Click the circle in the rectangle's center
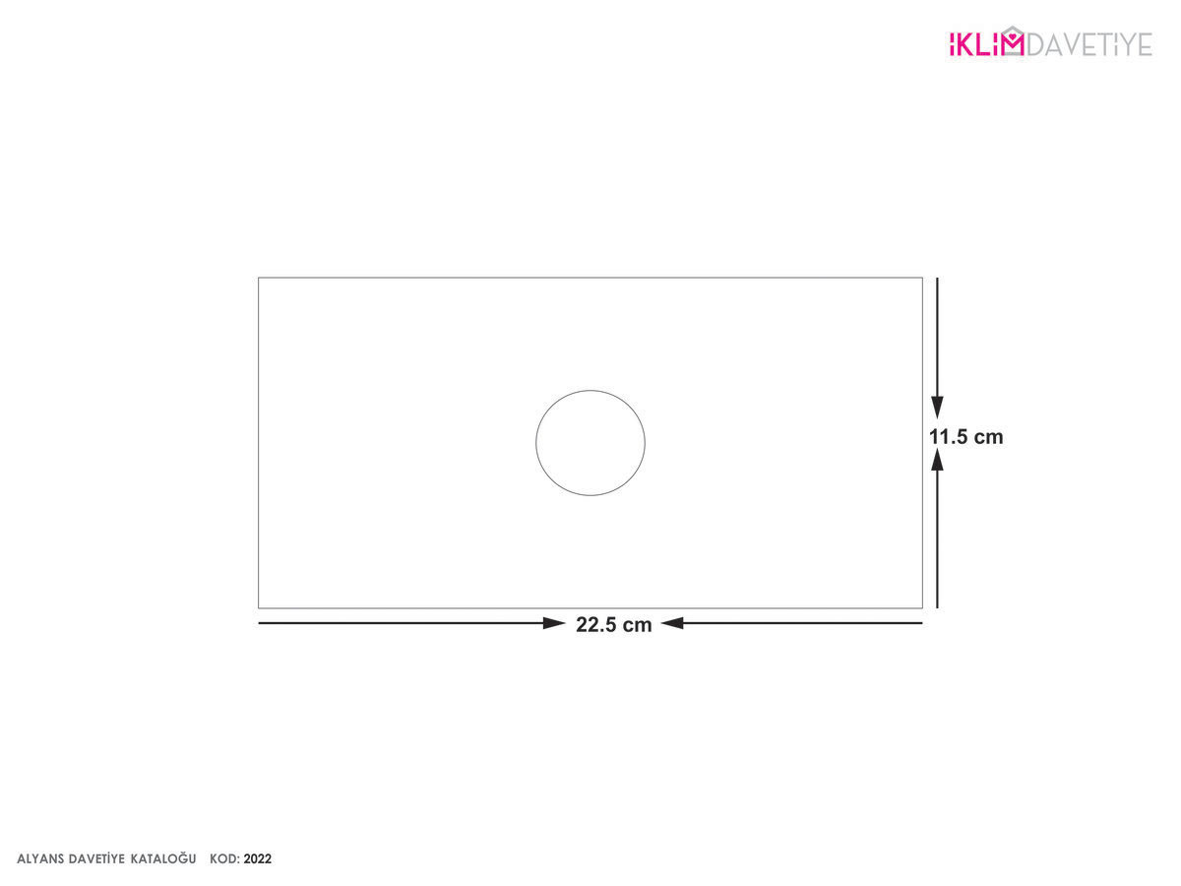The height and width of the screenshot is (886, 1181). (536, 443)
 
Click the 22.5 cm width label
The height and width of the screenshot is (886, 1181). (613, 624)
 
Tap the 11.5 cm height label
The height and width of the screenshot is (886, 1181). (965, 437)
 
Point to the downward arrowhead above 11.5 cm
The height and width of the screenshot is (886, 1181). (937, 407)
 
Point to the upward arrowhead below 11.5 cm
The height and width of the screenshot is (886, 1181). (937, 460)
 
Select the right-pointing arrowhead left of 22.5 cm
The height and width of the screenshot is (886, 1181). (554, 623)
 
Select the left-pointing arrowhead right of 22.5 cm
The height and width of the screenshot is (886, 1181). (672, 623)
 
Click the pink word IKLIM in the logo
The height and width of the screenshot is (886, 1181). (987, 44)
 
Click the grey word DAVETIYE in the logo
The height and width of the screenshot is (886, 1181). (1089, 44)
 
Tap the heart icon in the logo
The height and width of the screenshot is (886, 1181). (1012, 36)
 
